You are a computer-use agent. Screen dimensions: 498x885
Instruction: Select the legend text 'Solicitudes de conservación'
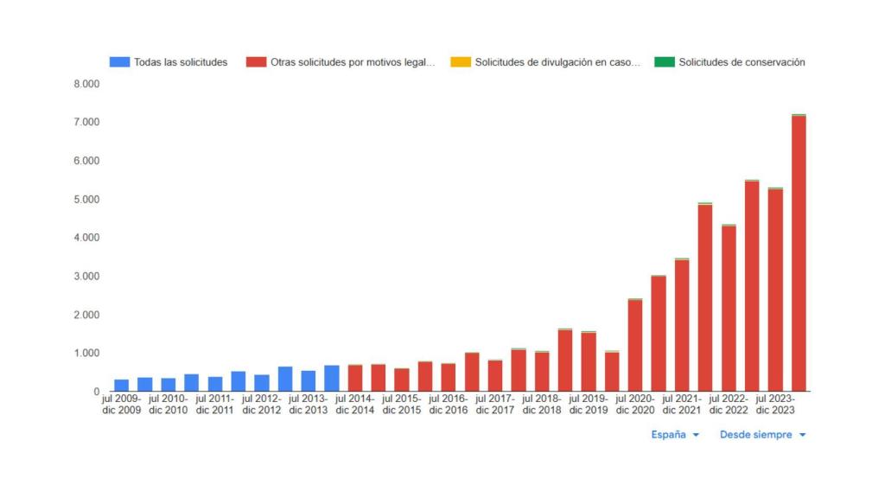(742, 62)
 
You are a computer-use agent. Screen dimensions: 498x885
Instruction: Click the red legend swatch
(256, 62)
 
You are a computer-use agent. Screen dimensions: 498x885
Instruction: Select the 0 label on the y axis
(96, 392)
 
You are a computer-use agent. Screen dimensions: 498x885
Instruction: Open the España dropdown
(675, 435)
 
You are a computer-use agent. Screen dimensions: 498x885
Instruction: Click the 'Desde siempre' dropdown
(762, 435)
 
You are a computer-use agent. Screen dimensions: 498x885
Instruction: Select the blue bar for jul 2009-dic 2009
(122, 386)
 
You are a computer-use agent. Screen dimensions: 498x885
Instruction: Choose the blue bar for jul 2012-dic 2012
(262, 383)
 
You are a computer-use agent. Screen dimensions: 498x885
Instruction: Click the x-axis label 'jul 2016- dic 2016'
(448, 404)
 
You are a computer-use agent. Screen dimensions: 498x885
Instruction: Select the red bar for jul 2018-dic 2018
(542, 372)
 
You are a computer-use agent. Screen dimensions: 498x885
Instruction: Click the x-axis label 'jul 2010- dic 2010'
(168, 404)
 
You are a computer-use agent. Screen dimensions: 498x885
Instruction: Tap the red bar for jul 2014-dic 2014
(355, 379)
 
